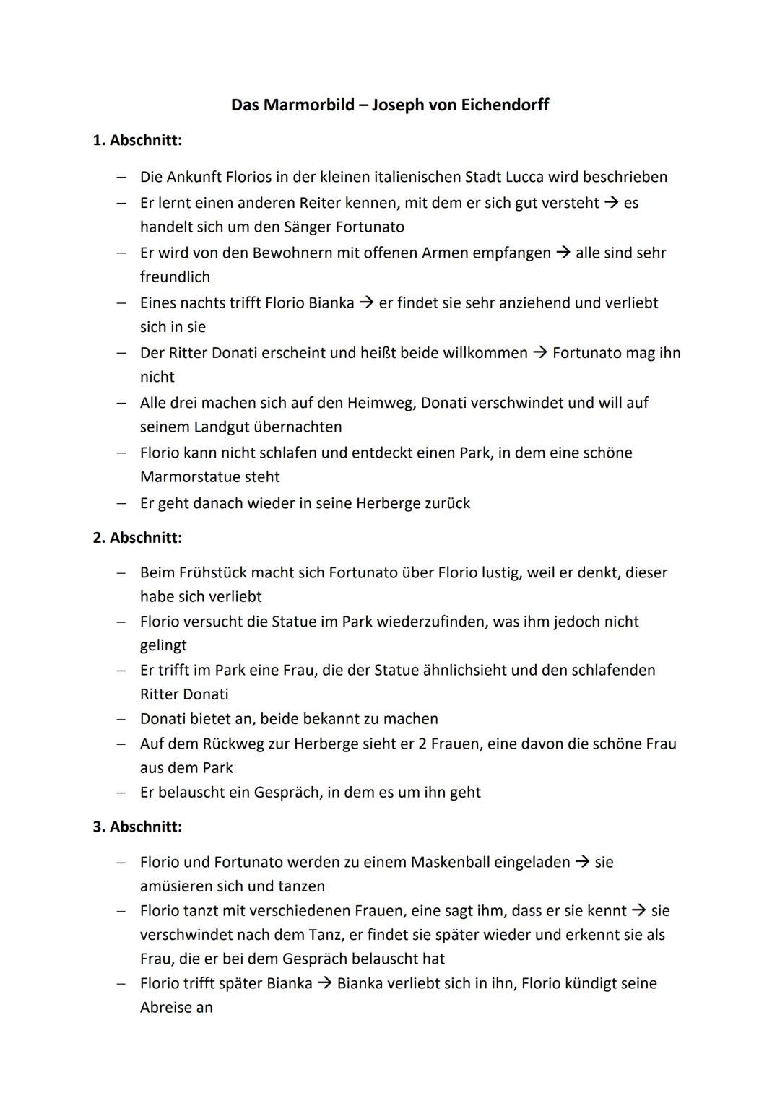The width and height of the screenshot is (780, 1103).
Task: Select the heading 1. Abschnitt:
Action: click(x=137, y=140)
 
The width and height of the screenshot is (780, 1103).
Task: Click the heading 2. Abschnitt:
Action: click(x=137, y=538)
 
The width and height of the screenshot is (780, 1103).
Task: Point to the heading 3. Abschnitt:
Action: click(x=137, y=827)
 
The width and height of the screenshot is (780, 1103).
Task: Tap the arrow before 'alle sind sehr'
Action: click(x=563, y=253)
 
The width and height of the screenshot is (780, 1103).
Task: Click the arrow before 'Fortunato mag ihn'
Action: click(x=540, y=353)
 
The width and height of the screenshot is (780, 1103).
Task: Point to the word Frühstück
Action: click(x=204, y=573)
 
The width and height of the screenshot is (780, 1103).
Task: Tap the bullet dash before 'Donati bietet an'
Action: click(x=123, y=720)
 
